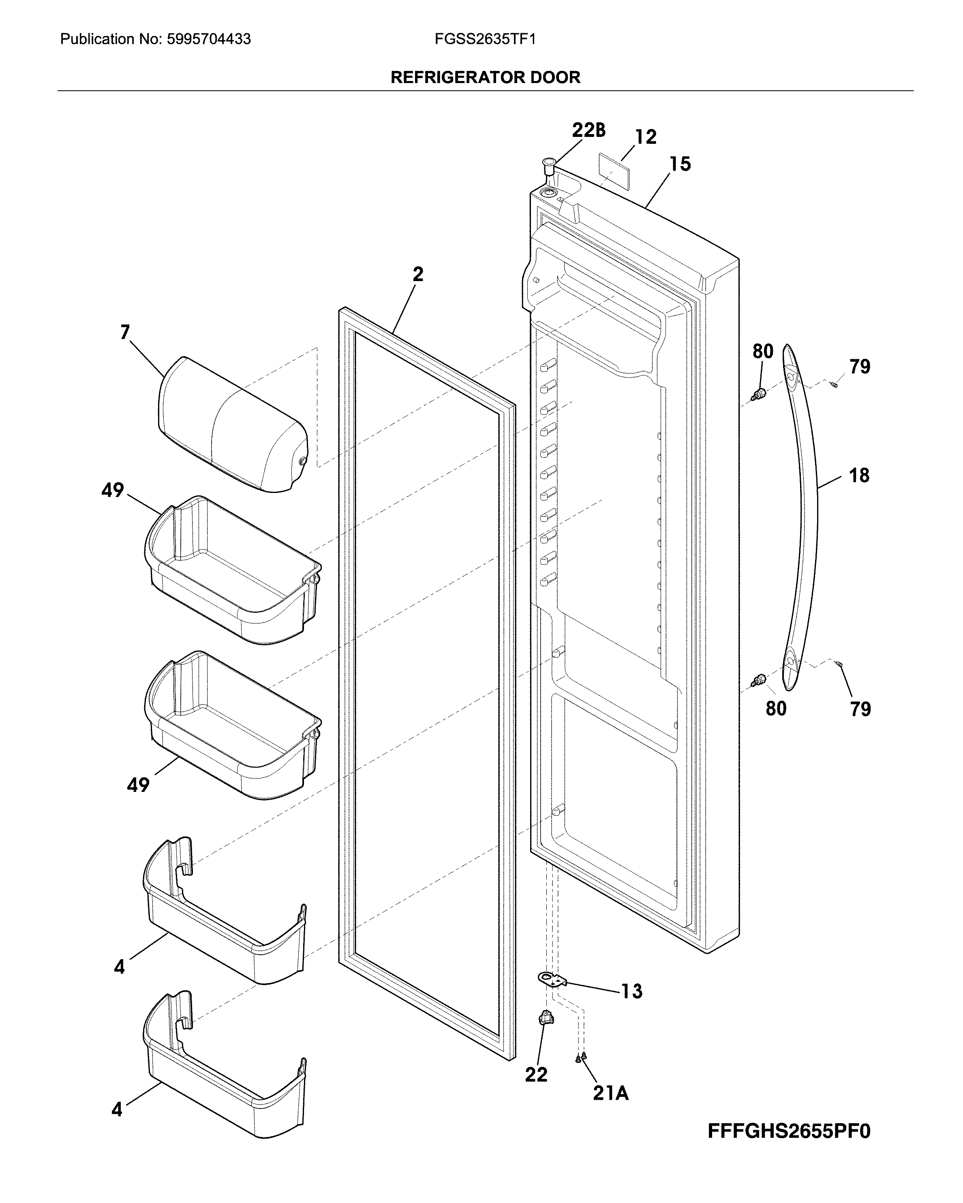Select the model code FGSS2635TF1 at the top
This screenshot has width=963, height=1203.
click(x=485, y=39)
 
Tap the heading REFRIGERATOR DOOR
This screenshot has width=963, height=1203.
click(x=485, y=77)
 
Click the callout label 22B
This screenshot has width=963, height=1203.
click(x=588, y=130)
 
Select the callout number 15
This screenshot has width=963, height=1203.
click(x=680, y=164)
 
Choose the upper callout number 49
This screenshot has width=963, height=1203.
click(x=112, y=491)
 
